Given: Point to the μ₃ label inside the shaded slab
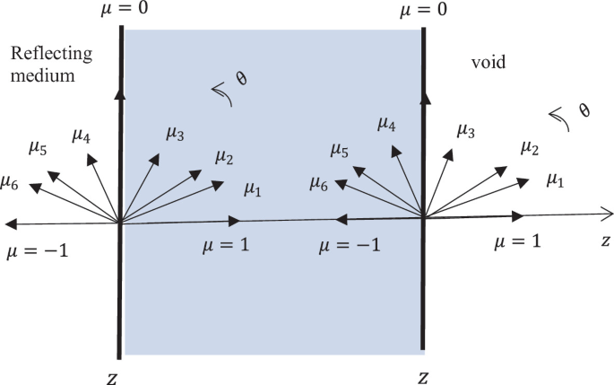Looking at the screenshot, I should (175, 134).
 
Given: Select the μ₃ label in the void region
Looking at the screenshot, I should (466, 131).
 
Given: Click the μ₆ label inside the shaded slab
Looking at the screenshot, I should (319, 183).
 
